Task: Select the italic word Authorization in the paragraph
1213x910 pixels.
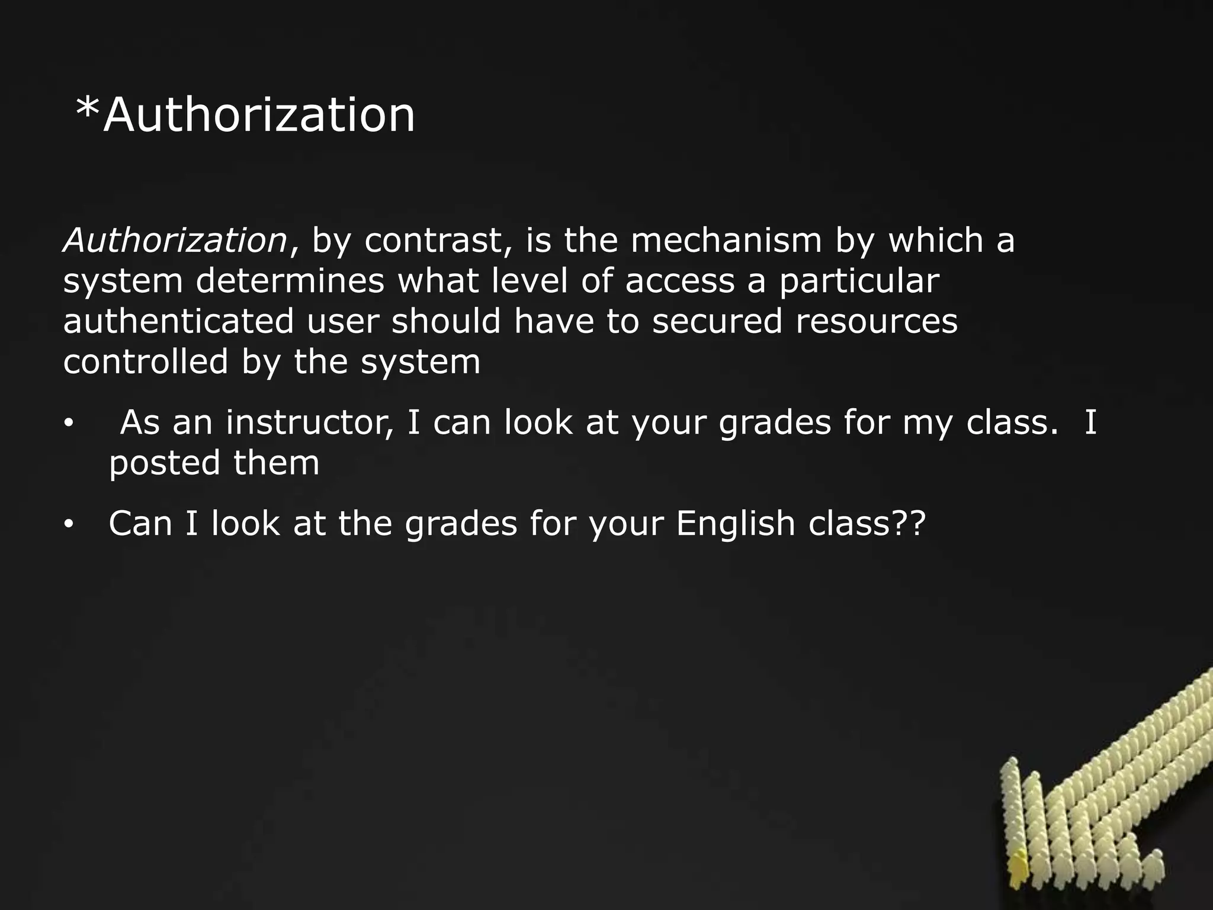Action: (175, 241)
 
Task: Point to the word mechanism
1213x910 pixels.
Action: (726, 241)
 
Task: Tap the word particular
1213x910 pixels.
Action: (859, 281)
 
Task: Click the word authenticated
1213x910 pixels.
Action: (178, 321)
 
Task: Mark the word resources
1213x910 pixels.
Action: (876, 321)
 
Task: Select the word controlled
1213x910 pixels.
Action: (146, 361)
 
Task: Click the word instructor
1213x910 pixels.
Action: (309, 423)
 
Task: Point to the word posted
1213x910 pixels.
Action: (163, 463)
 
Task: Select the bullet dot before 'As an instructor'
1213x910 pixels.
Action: (69, 424)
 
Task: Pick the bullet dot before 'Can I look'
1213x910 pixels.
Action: (69, 524)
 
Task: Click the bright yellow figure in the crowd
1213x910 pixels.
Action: (1019, 864)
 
